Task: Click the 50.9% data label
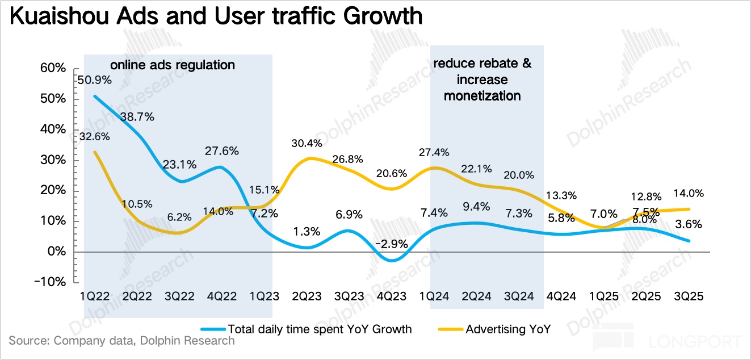(94, 80)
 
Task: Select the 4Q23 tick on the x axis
(392, 296)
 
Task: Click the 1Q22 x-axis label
(94, 296)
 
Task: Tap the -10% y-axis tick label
(51, 282)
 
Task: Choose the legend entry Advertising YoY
(507, 329)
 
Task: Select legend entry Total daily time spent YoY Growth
(320, 329)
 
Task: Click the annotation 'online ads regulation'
(173, 65)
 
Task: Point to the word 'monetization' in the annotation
(482, 95)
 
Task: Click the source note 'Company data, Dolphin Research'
(144, 341)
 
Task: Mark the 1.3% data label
(307, 231)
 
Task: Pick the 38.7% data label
(139, 118)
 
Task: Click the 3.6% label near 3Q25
(689, 224)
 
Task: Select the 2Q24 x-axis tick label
(477, 296)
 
